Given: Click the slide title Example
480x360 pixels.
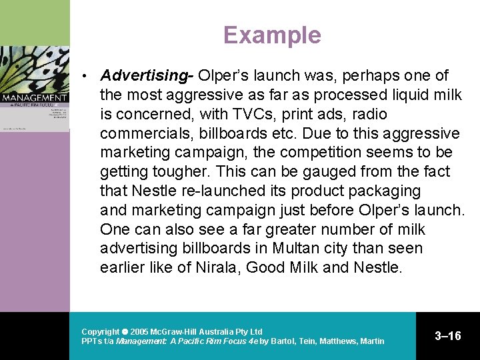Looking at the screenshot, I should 272,35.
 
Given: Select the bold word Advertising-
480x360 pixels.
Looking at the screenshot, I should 147,75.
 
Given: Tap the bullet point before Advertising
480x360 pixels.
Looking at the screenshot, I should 85,75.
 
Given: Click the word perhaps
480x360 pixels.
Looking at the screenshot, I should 327,75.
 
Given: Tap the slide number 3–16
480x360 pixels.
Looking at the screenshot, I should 448,336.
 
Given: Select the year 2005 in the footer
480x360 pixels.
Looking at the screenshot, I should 139,331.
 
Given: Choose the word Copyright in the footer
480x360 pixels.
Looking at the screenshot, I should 100,331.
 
